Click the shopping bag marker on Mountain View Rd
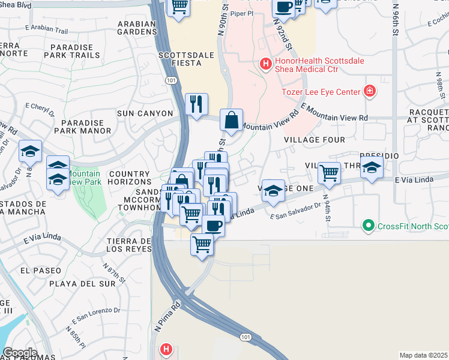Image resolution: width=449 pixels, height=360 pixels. [231, 121]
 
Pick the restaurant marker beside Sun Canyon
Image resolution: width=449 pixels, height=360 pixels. [196, 105]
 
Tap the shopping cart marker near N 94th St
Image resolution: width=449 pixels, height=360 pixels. [329, 173]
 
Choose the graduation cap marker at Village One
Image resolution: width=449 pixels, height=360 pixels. [273, 191]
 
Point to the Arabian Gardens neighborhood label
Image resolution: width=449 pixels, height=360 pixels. [137, 28]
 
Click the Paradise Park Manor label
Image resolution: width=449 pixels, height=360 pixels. [82, 126]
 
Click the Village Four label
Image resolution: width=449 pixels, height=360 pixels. [315, 140]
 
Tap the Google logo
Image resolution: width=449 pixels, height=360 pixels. [20, 353]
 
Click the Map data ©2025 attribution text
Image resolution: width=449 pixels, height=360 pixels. [423, 355]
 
